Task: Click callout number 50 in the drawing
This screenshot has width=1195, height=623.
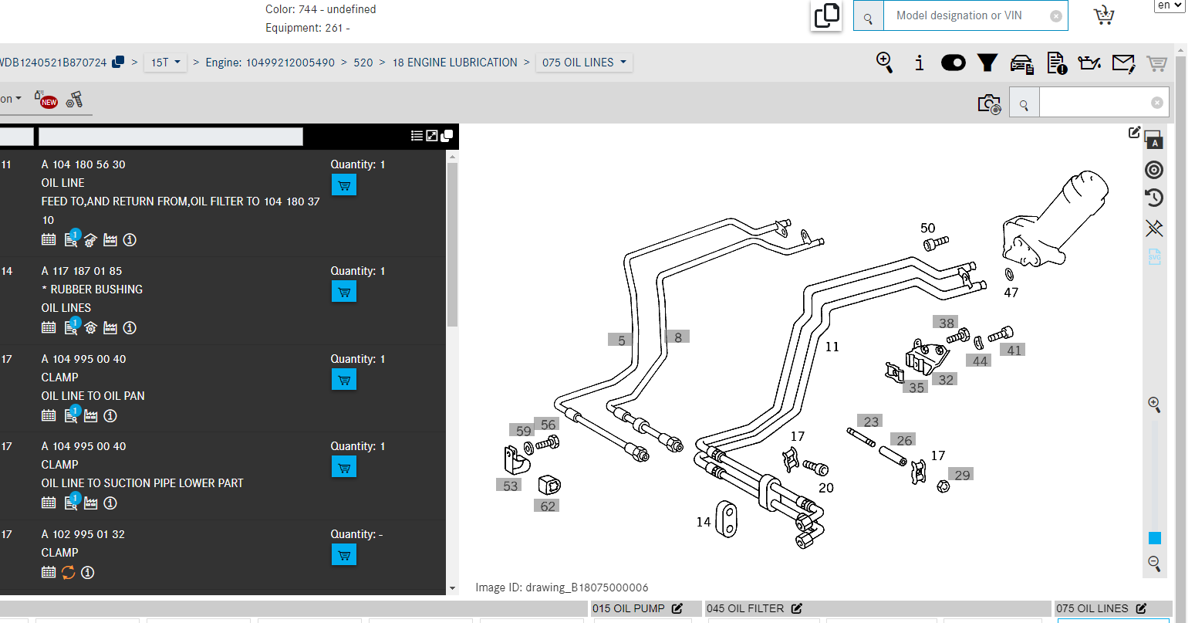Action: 928,228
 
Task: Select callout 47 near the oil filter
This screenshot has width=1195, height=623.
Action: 1011,293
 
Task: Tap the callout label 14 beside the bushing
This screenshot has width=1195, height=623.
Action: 704,522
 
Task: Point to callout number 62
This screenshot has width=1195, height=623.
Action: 547,506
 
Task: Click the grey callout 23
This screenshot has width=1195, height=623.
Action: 871,422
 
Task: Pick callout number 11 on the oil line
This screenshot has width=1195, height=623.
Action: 832,347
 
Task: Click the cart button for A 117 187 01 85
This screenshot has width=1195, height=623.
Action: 344,292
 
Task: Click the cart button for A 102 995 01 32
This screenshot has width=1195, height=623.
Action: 344,555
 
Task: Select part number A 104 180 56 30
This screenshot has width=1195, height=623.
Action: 83,164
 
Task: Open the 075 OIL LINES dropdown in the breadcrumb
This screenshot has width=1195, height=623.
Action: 584,63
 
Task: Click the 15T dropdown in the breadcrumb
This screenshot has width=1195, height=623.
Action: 165,63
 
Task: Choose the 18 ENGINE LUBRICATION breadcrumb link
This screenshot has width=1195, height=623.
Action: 455,63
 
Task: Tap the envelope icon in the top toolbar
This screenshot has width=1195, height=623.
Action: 1123,63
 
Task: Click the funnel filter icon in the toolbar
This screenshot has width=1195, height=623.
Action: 987,63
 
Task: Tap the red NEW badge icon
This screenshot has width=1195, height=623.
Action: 48,100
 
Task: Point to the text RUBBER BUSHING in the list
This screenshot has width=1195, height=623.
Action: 96,289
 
